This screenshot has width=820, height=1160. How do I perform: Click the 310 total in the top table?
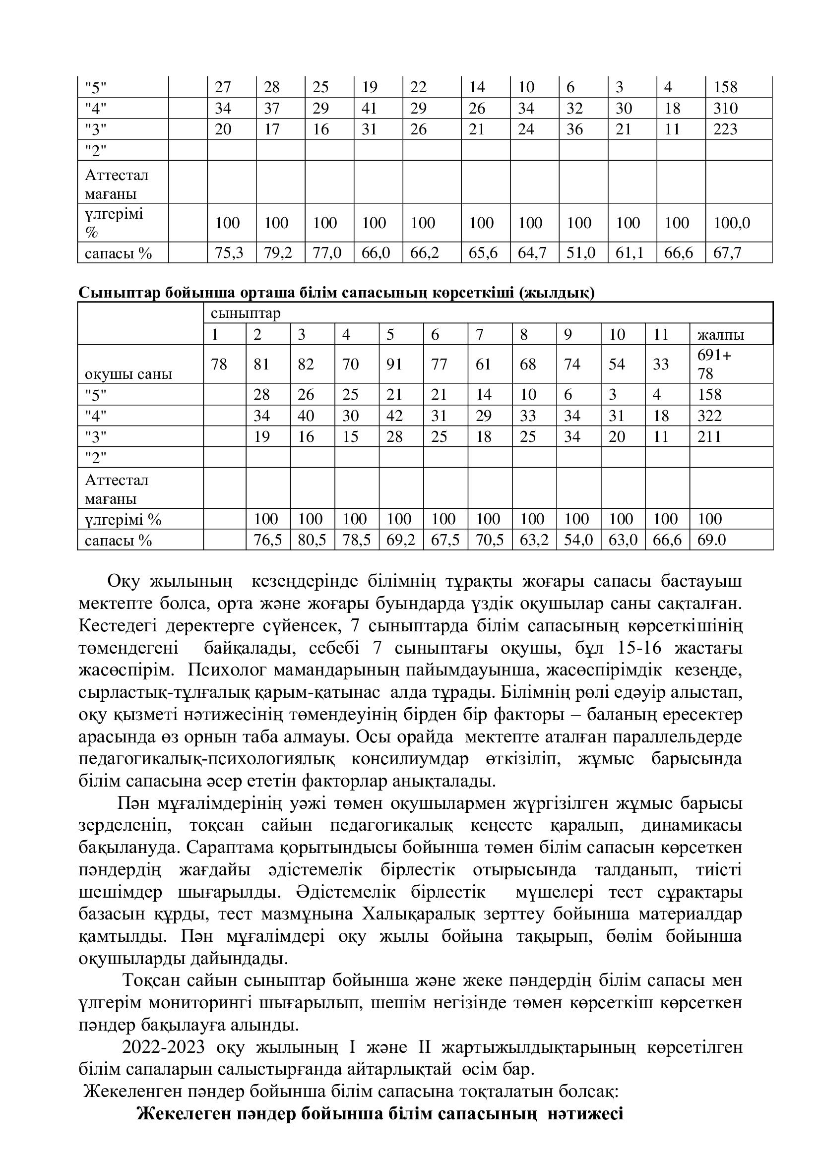[x=726, y=109]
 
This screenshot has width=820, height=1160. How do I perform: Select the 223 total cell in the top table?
[x=726, y=130]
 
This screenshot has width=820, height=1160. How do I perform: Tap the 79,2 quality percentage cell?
[x=278, y=252]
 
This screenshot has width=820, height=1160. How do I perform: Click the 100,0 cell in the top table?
[x=732, y=223]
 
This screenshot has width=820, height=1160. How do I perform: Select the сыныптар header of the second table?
[x=246, y=313]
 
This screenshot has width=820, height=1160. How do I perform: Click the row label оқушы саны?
[x=128, y=374]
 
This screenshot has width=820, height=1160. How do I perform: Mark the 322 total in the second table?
[x=709, y=416]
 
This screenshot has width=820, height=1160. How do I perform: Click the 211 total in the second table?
[x=709, y=436]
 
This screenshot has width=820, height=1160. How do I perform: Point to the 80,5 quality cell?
[x=306, y=540]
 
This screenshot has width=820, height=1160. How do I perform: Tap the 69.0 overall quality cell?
[x=711, y=540]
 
